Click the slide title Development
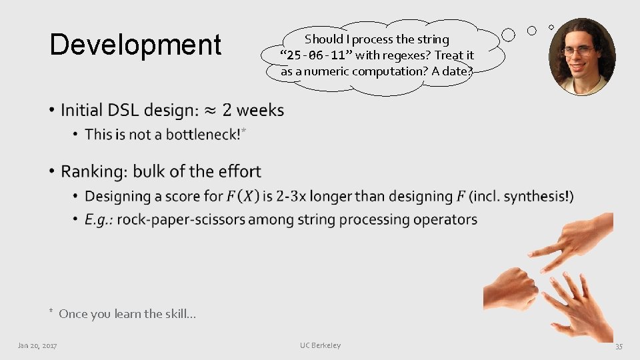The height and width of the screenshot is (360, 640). [x=135, y=45]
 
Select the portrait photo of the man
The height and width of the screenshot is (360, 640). [x=581, y=56]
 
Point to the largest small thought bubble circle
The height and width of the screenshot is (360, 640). [x=508, y=34]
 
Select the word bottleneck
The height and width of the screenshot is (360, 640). [x=201, y=135]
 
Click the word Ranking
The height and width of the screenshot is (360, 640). [x=94, y=172]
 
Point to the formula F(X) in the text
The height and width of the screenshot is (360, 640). [x=242, y=197]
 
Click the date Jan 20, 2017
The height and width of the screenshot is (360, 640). [x=37, y=345]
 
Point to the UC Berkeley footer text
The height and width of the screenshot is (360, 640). [x=320, y=345]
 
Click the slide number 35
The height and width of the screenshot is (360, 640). [x=618, y=346]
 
